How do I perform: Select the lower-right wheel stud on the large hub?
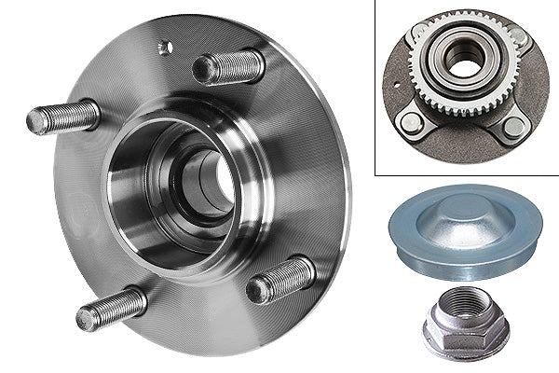click(x=281, y=280)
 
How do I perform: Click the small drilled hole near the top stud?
click(x=165, y=48)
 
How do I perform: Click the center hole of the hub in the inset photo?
click(x=461, y=60)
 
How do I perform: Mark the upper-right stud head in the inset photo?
click(x=520, y=36)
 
